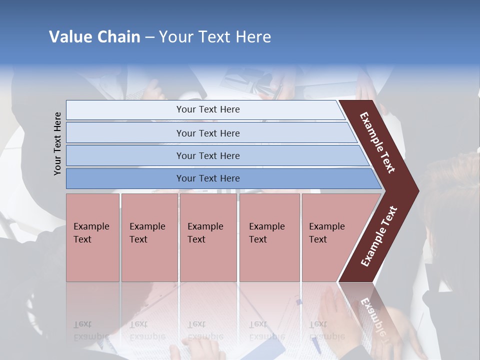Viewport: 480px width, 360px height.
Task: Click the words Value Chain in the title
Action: coord(94,37)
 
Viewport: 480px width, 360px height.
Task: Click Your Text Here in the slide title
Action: coord(215,37)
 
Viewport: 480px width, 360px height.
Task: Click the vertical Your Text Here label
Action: coord(57,143)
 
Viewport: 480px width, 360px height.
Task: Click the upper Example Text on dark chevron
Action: coord(377,142)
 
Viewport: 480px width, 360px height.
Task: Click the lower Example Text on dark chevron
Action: coord(379,236)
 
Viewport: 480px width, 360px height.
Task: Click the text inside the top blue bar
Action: coord(208,109)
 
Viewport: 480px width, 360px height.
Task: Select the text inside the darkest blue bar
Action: coord(208,178)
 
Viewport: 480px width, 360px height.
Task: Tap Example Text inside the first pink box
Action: coord(91,233)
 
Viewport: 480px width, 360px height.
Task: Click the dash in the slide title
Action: coord(149,37)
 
